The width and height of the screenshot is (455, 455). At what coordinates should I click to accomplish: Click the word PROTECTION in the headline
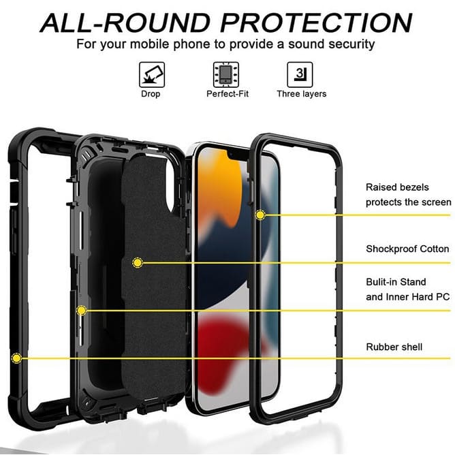(x=316, y=22)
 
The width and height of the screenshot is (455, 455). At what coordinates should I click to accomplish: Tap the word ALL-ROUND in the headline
(x=125, y=22)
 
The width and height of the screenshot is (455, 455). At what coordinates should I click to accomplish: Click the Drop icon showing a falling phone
(x=152, y=74)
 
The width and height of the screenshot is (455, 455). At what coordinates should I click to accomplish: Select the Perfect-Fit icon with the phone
(x=226, y=74)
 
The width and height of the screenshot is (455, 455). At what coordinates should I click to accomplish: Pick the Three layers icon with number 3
(x=300, y=74)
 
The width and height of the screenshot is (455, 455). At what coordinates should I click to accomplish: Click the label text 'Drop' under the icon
(x=151, y=94)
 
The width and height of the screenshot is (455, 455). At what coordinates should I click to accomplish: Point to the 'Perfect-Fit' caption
(x=227, y=94)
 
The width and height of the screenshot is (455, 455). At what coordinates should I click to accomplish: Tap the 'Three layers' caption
(x=302, y=94)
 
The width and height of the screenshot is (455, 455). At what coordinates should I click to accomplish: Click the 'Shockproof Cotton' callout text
(x=407, y=249)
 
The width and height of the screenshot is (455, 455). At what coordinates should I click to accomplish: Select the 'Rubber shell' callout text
(x=394, y=347)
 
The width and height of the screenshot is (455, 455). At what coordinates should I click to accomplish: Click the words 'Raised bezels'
(x=397, y=187)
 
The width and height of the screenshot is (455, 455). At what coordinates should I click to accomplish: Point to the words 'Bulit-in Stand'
(x=396, y=282)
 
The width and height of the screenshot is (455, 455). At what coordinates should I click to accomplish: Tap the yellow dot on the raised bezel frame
(x=260, y=215)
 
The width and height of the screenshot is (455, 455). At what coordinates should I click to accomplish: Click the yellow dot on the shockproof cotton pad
(x=138, y=263)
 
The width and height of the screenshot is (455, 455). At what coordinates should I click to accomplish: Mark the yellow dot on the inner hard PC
(x=82, y=311)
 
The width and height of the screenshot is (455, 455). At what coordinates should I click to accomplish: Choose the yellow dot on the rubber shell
(x=16, y=358)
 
